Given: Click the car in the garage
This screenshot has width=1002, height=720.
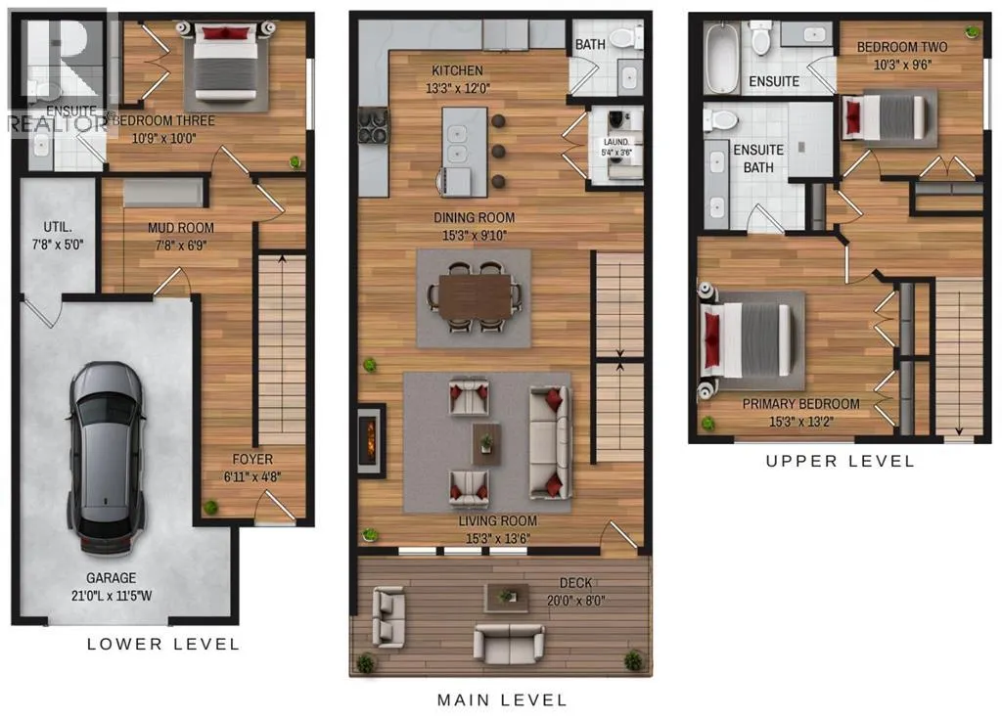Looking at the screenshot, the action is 106,459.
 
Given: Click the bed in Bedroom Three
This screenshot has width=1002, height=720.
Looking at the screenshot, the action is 226,63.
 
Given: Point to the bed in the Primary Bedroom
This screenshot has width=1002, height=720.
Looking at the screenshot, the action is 746,339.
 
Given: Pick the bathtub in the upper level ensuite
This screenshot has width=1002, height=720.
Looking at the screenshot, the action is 721,58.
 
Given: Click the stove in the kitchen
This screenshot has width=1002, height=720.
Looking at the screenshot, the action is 373,125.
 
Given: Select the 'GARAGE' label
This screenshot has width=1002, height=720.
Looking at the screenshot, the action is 112,577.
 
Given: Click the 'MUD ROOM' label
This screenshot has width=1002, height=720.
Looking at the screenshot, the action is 181,227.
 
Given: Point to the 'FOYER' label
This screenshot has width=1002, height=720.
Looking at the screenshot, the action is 252,459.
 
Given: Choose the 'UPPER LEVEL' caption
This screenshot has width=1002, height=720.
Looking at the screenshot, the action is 840,461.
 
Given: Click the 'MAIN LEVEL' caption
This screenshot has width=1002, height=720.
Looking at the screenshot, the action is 502,700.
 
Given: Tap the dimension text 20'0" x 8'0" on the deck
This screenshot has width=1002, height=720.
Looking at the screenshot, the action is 575,601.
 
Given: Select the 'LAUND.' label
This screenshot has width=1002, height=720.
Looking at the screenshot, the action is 616,142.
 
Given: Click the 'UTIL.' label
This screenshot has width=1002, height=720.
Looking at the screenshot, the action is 58,227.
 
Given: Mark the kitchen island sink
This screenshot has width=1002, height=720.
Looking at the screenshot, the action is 457,143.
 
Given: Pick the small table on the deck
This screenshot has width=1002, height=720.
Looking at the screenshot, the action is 507,597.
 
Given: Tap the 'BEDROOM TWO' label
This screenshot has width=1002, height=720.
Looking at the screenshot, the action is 901,47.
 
